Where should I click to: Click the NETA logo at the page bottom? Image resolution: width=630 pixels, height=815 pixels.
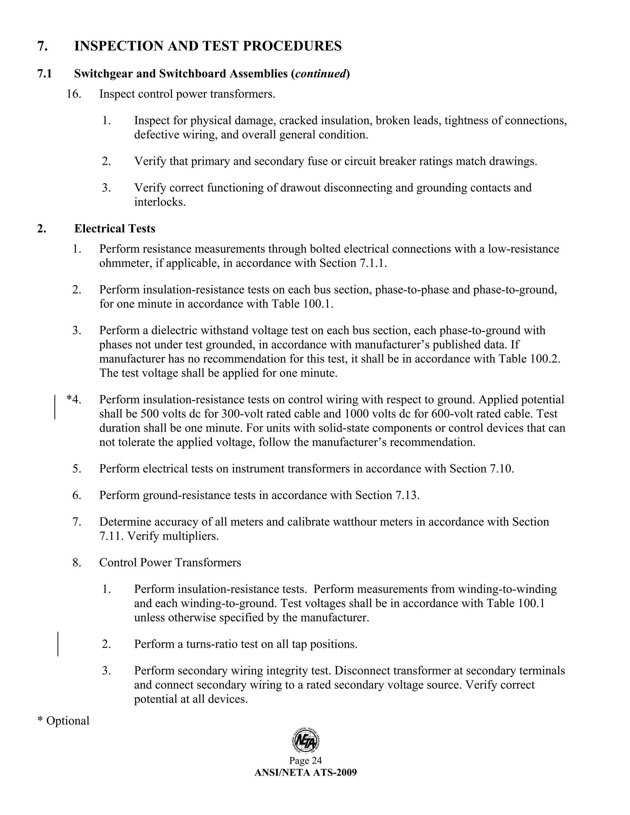coord(306,741)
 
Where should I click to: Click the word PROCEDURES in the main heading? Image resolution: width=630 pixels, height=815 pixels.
coord(292,46)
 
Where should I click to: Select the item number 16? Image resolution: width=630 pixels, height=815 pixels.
coord(74,94)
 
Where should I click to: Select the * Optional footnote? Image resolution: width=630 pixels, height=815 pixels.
coord(63,721)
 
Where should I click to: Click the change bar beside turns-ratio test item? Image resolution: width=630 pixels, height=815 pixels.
coord(58,644)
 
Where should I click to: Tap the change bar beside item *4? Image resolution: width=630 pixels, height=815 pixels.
coord(55,407)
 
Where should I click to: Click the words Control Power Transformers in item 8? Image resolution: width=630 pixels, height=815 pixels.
coord(170,563)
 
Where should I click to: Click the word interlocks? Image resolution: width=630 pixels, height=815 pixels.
coord(159,202)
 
